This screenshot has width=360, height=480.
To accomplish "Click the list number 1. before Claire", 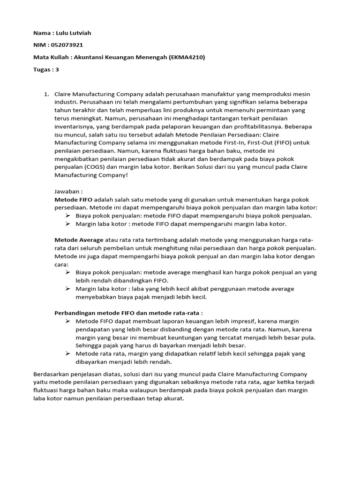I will [46, 94].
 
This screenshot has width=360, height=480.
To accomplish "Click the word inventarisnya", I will [75, 127].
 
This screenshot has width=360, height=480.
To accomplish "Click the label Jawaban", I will [68, 192].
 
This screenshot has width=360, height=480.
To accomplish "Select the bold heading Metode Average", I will [79, 240].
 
